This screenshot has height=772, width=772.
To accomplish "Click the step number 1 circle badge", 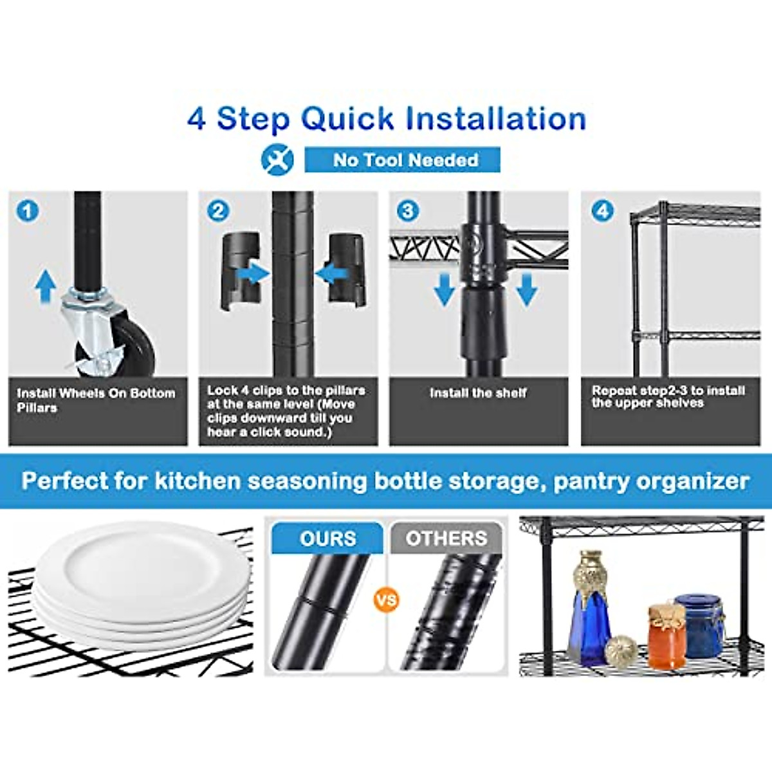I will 28,211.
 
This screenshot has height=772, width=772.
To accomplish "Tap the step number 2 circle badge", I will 218,211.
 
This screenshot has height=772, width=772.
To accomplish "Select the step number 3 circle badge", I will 408,211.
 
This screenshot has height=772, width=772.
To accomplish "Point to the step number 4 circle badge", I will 602,211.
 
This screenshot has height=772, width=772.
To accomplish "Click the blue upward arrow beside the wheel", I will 45,286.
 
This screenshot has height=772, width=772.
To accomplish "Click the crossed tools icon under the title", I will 277,160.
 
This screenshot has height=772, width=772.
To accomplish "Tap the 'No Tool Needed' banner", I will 403,160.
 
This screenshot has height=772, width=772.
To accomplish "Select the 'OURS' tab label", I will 327,538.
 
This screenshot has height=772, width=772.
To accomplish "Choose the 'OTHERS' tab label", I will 446,538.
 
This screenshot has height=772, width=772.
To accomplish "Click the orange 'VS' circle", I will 386,600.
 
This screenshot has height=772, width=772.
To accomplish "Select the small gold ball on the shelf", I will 621,650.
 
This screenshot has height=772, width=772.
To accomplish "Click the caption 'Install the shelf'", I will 478,393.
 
